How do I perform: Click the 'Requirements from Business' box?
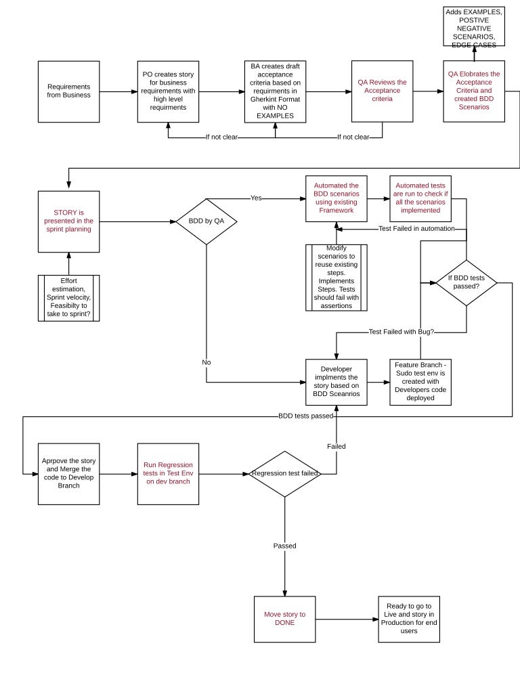[x=68, y=91]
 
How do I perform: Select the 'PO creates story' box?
[x=169, y=91]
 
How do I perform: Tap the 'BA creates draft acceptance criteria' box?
[x=275, y=91]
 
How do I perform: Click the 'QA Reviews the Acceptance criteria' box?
[x=382, y=91]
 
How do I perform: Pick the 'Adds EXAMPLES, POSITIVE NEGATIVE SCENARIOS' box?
[x=474, y=27]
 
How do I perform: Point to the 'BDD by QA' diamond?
[x=205, y=221]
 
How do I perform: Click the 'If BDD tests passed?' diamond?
[x=466, y=282]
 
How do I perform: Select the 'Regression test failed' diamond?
[x=284, y=474]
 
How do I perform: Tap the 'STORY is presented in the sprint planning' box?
[x=68, y=221]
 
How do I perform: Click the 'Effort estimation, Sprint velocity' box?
[x=68, y=297]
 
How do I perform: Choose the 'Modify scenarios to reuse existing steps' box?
[x=337, y=277]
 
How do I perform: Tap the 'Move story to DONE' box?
[x=284, y=619]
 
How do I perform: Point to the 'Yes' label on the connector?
[x=256, y=198]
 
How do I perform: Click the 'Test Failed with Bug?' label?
[x=401, y=332]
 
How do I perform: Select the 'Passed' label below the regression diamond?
[x=284, y=545]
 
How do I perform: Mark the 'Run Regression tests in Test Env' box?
[x=168, y=474]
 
